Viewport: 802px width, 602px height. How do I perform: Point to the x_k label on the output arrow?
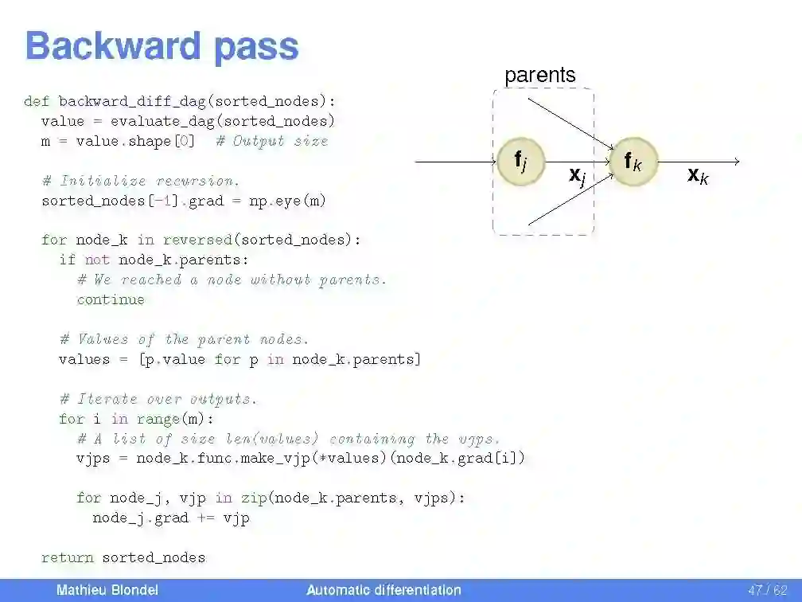click(x=698, y=176)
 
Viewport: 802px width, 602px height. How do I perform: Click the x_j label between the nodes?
click(x=577, y=176)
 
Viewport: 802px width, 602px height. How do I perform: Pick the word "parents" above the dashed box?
click(x=539, y=76)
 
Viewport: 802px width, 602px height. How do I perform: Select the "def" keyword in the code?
click(x=37, y=101)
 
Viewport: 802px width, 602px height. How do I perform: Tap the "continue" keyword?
click(x=111, y=299)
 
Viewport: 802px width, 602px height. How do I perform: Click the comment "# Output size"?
click(x=271, y=141)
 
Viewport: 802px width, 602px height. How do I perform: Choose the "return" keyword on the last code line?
click(x=68, y=557)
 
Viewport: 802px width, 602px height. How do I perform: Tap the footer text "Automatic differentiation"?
click(x=383, y=590)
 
